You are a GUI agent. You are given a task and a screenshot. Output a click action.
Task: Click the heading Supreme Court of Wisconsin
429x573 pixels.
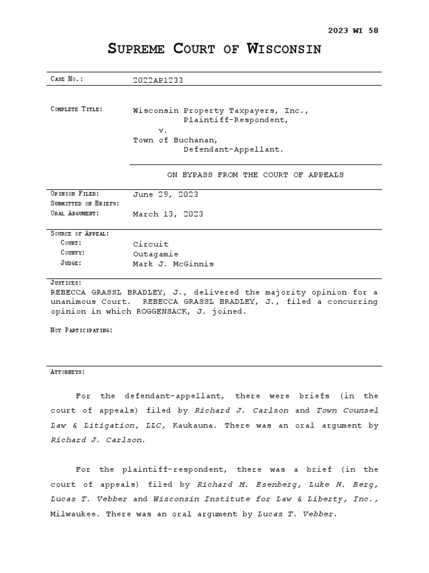click(x=214, y=49)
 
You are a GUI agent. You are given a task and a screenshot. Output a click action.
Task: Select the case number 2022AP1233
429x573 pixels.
click(x=158, y=80)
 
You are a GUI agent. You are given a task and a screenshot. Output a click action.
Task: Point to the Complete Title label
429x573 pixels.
click(x=77, y=109)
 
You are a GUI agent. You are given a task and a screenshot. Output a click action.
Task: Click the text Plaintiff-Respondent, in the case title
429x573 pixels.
click(x=236, y=120)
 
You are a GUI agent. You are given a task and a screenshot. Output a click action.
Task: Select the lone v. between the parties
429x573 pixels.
click(x=163, y=130)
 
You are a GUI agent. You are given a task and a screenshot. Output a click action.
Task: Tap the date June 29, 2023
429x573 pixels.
click(x=165, y=194)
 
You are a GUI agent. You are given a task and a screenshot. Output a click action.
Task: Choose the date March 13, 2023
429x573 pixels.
click(x=168, y=214)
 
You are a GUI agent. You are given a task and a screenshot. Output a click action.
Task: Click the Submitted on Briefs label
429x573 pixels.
click(x=85, y=203)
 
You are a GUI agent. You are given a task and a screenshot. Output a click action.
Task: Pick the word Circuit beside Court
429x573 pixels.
click(x=150, y=244)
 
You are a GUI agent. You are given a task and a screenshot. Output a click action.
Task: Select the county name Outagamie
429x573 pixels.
click(x=155, y=253)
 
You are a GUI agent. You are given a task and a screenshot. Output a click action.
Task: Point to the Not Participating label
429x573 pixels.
click(x=82, y=330)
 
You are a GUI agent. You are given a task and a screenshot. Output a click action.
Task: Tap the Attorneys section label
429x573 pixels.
click(x=68, y=372)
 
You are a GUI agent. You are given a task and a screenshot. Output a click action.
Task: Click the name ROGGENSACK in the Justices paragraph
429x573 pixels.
click(x=163, y=312)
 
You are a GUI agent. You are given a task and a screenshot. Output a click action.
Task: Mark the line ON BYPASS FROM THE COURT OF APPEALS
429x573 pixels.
click(x=255, y=175)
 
